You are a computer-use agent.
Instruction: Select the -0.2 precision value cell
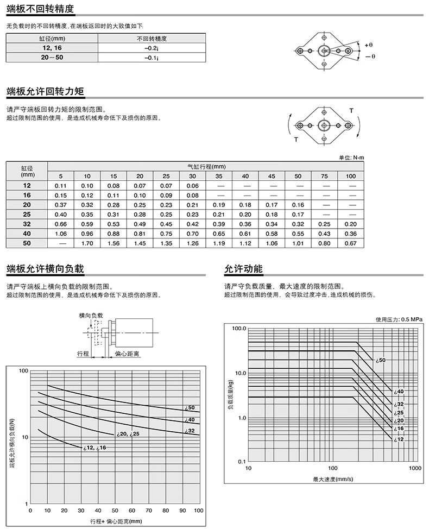tap(151, 48)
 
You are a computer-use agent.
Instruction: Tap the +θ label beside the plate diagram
tap(369, 44)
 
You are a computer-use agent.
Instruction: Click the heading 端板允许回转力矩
tap(45, 91)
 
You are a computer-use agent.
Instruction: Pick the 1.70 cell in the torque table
tap(87, 244)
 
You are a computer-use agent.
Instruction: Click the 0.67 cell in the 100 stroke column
tap(351, 244)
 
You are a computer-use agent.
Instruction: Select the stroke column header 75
tap(324, 176)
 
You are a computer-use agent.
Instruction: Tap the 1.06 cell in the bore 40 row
tap(60, 234)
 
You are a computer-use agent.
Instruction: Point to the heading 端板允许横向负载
tap(45, 269)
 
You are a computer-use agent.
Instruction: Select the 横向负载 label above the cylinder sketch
tap(90, 315)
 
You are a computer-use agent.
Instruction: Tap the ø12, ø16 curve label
tap(94, 448)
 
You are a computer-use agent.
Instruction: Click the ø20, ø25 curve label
tap(128, 434)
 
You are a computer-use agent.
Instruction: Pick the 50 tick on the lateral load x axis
tap(114, 510)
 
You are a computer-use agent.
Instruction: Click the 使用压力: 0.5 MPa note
tap(399, 319)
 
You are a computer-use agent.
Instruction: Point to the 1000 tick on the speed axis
tap(414, 468)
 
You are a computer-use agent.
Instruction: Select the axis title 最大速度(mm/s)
tap(333, 478)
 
